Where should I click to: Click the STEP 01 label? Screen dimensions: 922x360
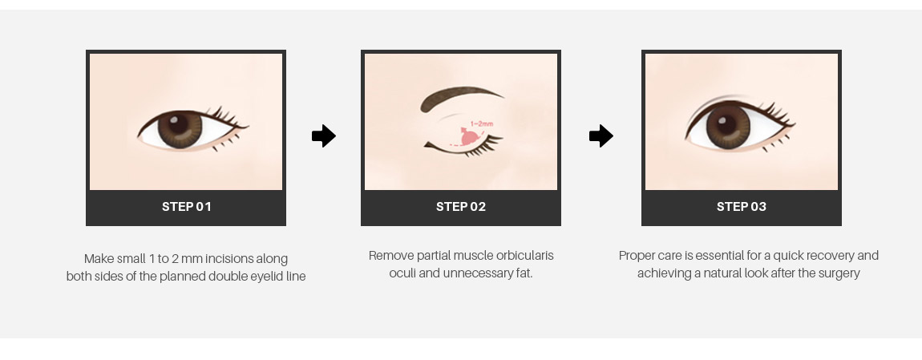point(186,207)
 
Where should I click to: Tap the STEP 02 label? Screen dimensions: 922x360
point(461,207)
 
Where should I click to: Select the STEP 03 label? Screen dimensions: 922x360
point(742,207)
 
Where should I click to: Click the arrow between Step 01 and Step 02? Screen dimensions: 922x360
point(324,136)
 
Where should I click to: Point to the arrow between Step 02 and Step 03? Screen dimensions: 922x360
point(601,136)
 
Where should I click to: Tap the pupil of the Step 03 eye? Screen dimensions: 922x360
point(726,125)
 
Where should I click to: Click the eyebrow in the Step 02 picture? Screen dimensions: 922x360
point(458,97)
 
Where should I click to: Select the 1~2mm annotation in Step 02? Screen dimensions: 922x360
point(482,124)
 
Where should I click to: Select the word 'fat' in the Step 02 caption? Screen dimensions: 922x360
point(524,273)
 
